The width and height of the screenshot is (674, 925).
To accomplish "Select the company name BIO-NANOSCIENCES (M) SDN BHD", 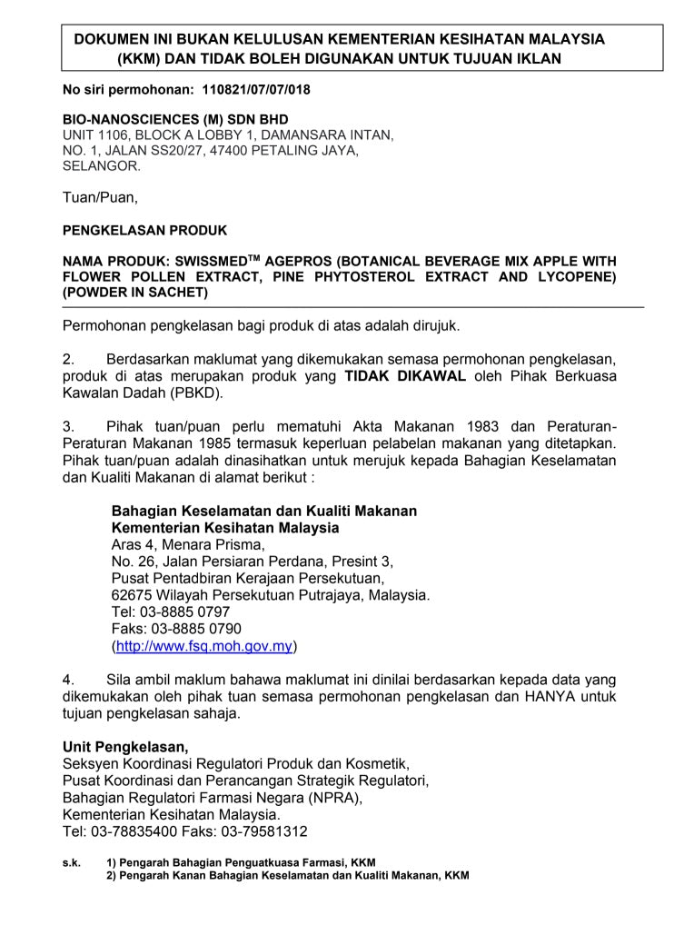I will pyautogui.click(x=175, y=119).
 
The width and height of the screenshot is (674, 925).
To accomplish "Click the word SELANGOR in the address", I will pyautogui.click(x=101, y=166).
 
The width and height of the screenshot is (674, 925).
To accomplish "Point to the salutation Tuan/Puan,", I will pyautogui.click(x=100, y=197).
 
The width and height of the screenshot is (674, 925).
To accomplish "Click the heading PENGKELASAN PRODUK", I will pyautogui.click(x=144, y=230).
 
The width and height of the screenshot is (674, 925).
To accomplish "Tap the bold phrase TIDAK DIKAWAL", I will pyautogui.click(x=405, y=377).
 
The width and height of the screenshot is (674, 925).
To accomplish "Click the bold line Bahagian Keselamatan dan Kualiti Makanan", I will pyautogui.click(x=263, y=512).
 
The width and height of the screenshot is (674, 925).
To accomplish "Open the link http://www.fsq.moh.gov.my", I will pyautogui.click(x=204, y=646).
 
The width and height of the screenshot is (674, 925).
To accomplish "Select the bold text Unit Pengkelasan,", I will pyautogui.click(x=126, y=747).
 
